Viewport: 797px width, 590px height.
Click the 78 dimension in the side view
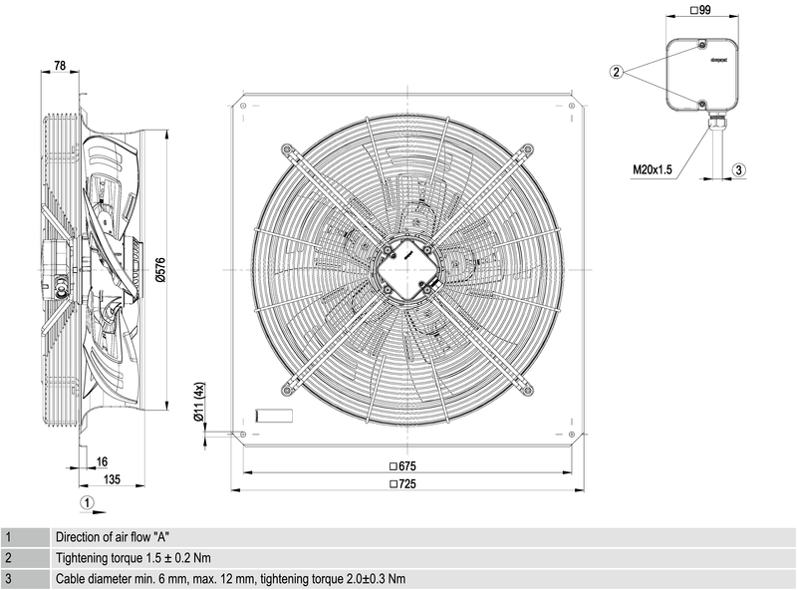tap(59, 66)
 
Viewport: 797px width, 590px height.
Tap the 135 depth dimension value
tap(112, 479)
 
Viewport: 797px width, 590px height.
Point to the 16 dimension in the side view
tap(103, 462)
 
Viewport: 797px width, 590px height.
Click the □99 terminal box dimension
tap(700, 10)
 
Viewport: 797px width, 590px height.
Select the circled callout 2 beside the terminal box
tap(618, 71)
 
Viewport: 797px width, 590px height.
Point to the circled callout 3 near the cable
tap(738, 170)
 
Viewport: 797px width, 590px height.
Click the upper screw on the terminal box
tap(701, 46)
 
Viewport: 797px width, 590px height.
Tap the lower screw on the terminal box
tap(701, 103)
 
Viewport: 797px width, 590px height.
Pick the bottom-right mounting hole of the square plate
tap(575, 435)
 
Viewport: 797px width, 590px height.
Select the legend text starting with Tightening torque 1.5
tap(133, 558)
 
